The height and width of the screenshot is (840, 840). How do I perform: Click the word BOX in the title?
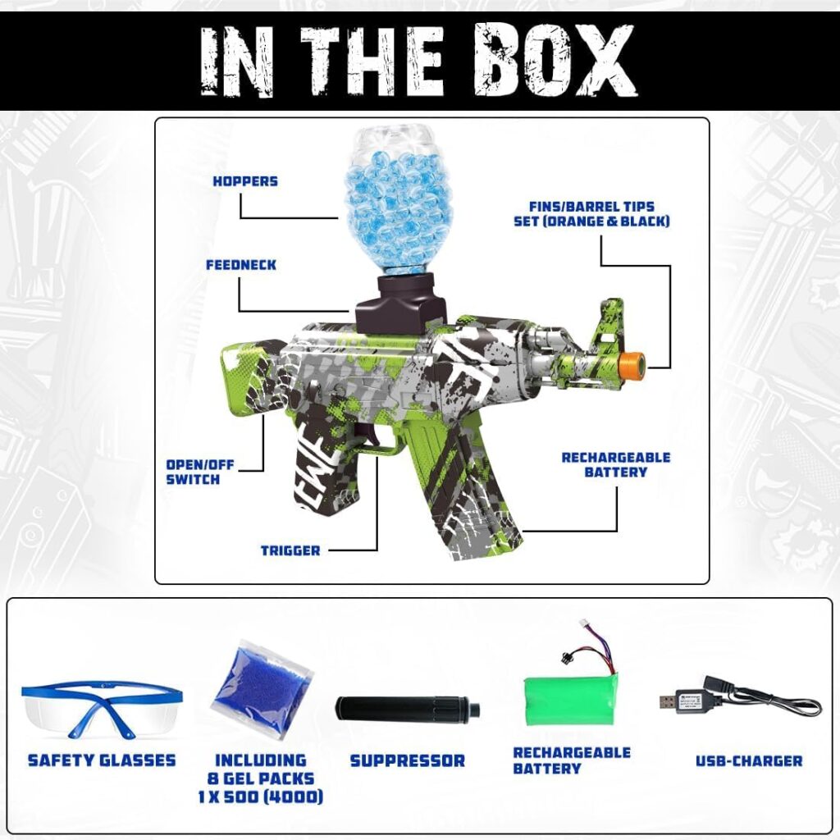(x=554, y=60)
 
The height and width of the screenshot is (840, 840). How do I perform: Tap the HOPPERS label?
(x=245, y=181)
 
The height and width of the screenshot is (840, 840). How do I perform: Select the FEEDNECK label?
(x=241, y=265)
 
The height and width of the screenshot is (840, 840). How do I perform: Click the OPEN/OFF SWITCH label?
(x=200, y=472)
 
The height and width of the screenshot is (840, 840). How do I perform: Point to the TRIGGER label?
(x=290, y=550)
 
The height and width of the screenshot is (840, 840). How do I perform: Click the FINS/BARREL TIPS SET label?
(x=592, y=214)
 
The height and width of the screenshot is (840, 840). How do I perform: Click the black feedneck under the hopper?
(x=400, y=303)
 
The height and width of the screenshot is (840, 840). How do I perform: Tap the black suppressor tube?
(x=407, y=710)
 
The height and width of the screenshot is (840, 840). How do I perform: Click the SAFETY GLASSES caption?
(x=102, y=760)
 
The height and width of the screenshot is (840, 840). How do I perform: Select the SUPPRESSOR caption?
(x=408, y=761)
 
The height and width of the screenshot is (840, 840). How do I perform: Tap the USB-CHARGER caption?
(x=749, y=761)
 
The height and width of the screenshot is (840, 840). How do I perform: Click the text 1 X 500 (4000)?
(x=260, y=797)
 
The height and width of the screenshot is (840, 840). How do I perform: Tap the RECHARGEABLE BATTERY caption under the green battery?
(x=572, y=760)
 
